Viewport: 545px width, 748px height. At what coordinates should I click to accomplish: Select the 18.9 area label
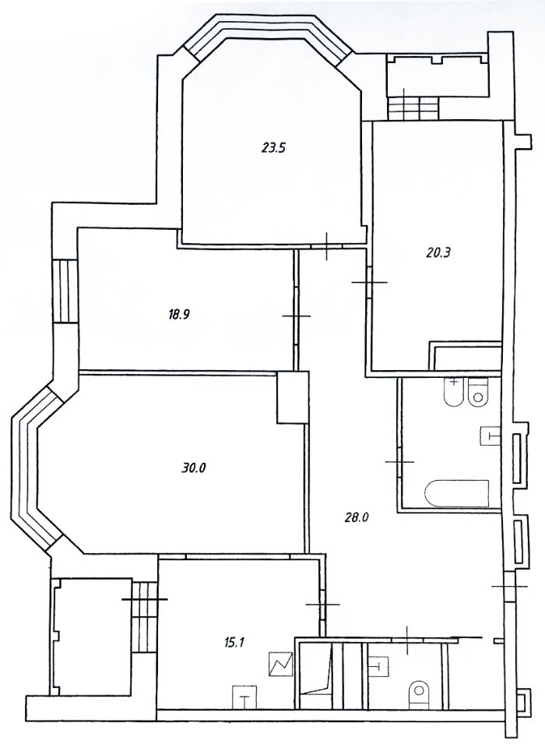pos(178,315)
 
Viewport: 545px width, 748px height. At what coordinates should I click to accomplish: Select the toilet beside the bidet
pos(479,392)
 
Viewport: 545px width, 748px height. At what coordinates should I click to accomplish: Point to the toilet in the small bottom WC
pos(420,691)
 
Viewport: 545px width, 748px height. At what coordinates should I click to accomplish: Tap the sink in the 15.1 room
pos(244,696)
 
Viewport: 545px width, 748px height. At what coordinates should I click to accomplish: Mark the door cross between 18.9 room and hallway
pos(296,316)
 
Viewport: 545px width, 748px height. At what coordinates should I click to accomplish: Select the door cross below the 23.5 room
pos(328,246)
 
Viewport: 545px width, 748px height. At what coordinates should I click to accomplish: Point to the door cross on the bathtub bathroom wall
pos(399,462)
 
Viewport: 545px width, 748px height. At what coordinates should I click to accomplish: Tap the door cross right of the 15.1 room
pos(322,605)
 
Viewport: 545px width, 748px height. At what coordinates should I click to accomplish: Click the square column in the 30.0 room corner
pos(293,397)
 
